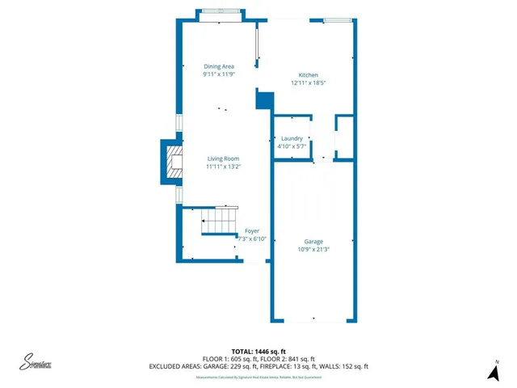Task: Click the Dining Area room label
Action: coord(219,66)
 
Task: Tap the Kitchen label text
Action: coord(308,74)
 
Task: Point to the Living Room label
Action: coord(225,158)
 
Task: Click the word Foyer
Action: coord(252,231)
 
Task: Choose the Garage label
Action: coord(313,242)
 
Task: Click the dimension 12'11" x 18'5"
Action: coord(308,82)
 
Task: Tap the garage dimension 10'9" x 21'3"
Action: coord(313,250)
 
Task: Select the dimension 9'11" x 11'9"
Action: coord(219,74)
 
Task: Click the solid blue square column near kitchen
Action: coord(263,100)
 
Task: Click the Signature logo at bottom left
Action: coord(36,363)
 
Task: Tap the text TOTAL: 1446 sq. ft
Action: coord(258,352)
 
